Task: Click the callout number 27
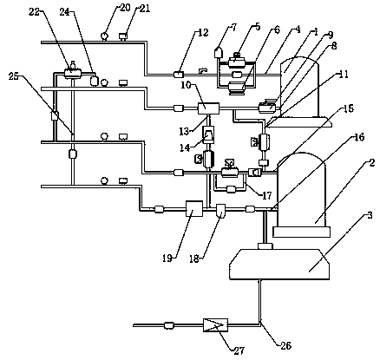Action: point(240,350)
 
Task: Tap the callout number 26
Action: point(285,345)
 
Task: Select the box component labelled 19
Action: point(194,208)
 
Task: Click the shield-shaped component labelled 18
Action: point(221,211)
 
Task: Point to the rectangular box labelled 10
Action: point(208,108)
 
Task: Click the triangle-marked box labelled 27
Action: point(215,325)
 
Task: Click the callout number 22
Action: point(34,13)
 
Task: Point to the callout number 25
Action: point(13,76)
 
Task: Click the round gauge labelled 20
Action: point(104,36)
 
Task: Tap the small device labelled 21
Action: point(124,36)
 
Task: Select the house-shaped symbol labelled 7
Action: point(219,53)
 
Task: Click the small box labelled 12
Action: point(178,75)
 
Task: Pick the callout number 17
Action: point(266,196)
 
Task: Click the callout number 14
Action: point(184,147)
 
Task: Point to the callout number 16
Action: point(358,137)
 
